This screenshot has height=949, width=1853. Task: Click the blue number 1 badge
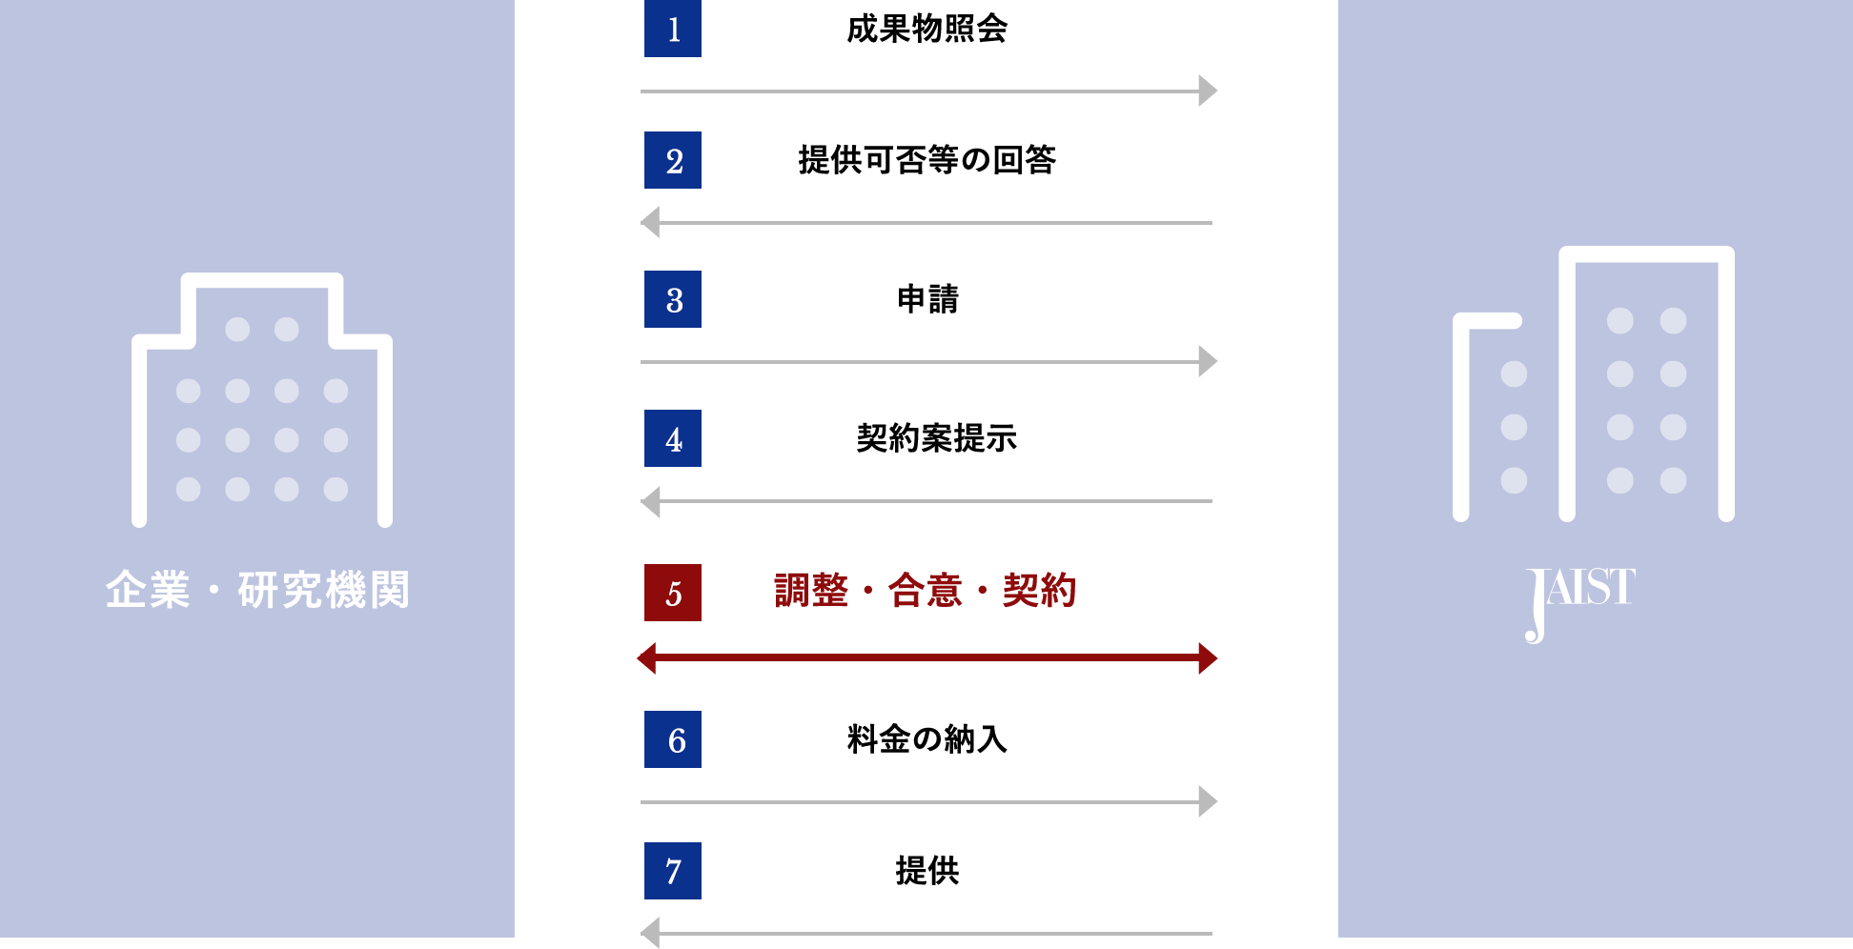[x=673, y=29]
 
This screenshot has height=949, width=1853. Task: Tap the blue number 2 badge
[x=673, y=160]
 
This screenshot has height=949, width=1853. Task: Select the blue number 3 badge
[x=673, y=299]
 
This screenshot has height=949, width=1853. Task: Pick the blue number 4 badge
[x=673, y=438]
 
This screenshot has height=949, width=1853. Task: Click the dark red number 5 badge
[x=673, y=593]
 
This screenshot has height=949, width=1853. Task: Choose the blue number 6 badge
[x=673, y=739]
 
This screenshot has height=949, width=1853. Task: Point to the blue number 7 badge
[x=673, y=871]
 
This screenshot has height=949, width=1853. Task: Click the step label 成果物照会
[x=926, y=29]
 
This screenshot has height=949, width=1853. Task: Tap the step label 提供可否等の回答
[x=926, y=160]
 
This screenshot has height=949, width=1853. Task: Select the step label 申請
[x=927, y=299]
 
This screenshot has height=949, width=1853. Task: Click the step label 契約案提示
[x=936, y=438]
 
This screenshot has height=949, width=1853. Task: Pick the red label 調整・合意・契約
[x=926, y=591]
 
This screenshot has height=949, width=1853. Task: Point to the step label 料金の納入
[x=926, y=739]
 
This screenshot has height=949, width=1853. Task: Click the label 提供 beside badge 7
[x=927, y=871]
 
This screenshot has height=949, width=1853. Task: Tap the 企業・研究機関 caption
[x=257, y=590]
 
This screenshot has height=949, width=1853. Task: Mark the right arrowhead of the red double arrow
[x=1208, y=658]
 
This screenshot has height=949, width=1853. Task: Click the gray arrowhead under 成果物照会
[x=1208, y=91]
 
